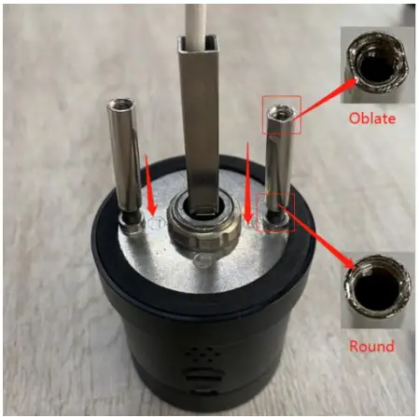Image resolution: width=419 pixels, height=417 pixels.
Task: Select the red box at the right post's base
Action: click(x=277, y=214)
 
